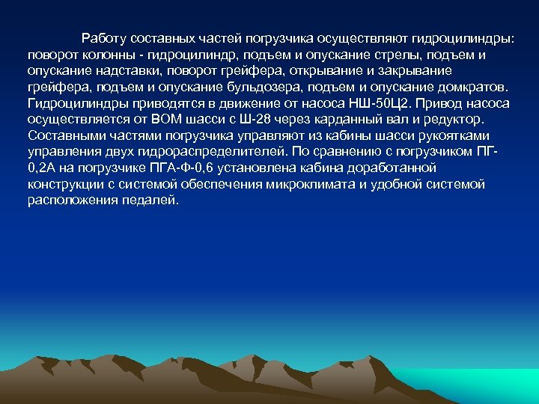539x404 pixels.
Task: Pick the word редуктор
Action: (x=455, y=119)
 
